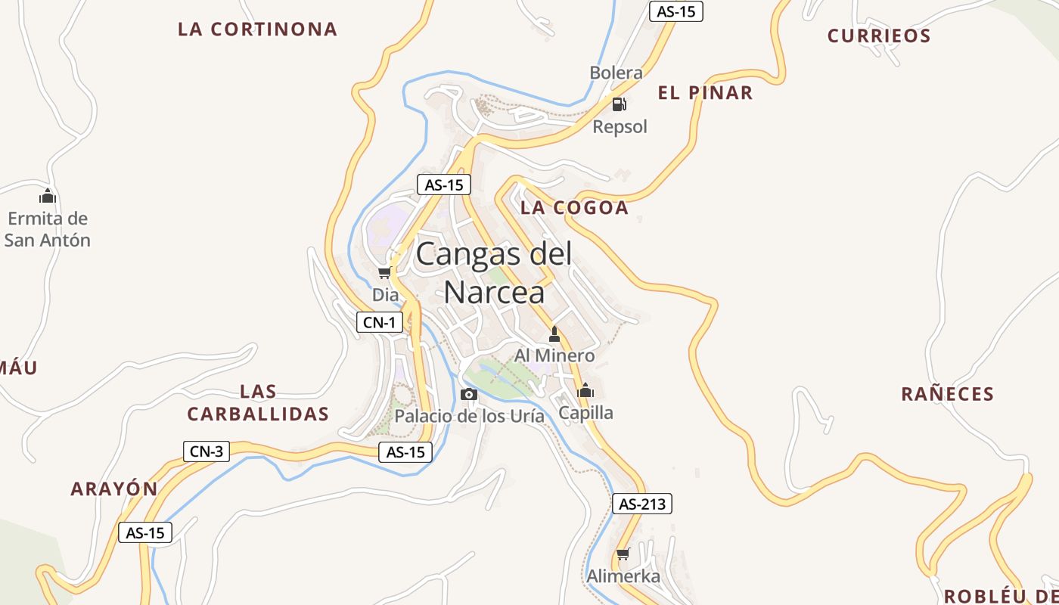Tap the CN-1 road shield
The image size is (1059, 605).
coord(379,323)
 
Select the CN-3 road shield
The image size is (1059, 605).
coord(206,451)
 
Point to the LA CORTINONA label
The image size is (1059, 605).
coord(257,29)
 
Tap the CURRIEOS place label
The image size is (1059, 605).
coord(879,36)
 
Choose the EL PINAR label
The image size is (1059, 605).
coord(705,93)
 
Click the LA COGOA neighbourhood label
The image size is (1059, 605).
coord(575,208)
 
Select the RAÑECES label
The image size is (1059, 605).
coord(947,394)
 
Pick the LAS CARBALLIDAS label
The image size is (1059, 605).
coord(258,402)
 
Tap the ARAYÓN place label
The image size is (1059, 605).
coord(114,489)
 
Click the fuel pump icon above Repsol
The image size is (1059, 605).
coord(619,104)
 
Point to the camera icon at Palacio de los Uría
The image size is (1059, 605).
coord(469,394)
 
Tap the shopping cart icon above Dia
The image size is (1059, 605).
coord(385,272)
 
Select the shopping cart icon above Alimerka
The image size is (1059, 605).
coord(623,554)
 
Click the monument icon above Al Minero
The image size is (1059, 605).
coord(554,334)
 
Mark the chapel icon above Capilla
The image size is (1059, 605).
coord(585,391)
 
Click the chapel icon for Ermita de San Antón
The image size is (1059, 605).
coord(48,196)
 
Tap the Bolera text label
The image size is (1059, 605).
coord(616,73)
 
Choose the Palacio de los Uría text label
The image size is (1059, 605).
coord(469,416)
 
